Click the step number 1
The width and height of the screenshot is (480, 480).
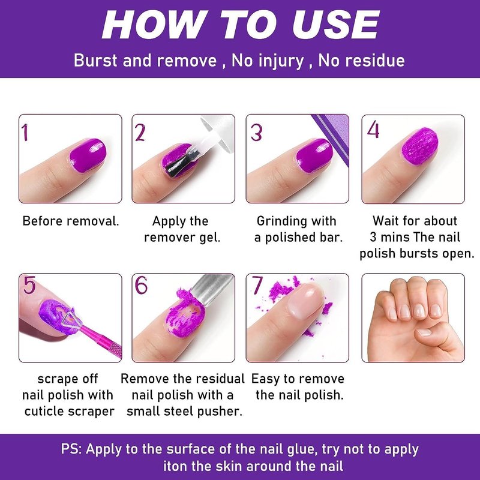(25, 132)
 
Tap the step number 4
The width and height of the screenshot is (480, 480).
(373, 130)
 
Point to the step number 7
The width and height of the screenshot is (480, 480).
(257, 285)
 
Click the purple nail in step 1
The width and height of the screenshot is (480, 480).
(88, 155)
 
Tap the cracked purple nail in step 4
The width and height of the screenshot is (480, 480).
(419, 145)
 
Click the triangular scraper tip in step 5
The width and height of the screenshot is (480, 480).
(71, 319)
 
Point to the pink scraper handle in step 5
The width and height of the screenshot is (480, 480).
(101, 342)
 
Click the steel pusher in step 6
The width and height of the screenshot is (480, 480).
(211, 289)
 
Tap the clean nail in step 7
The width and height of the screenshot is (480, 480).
(305, 300)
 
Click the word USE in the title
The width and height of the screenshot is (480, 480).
(336, 25)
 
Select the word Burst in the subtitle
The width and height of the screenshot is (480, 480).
(95, 61)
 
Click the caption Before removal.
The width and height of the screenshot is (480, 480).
(71, 221)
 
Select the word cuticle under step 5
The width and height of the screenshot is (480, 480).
(44, 411)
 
